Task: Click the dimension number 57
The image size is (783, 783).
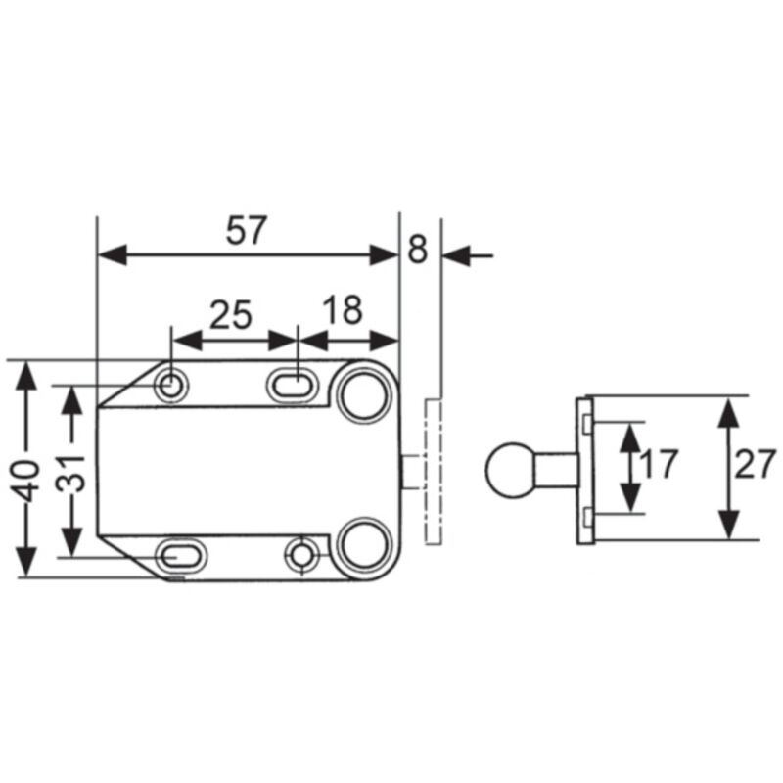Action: coord(247,231)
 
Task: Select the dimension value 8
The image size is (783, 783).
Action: coord(418,250)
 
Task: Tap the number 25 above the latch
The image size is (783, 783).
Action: coord(232,314)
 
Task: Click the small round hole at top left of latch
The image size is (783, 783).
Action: coord(172,386)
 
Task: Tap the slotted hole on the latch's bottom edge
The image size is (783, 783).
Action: coord(182,556)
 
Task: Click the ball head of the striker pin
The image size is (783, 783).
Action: coord(510,469)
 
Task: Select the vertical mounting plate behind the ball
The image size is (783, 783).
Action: coord(585,470)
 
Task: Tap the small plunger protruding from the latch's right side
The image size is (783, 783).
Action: coord(414,470)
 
